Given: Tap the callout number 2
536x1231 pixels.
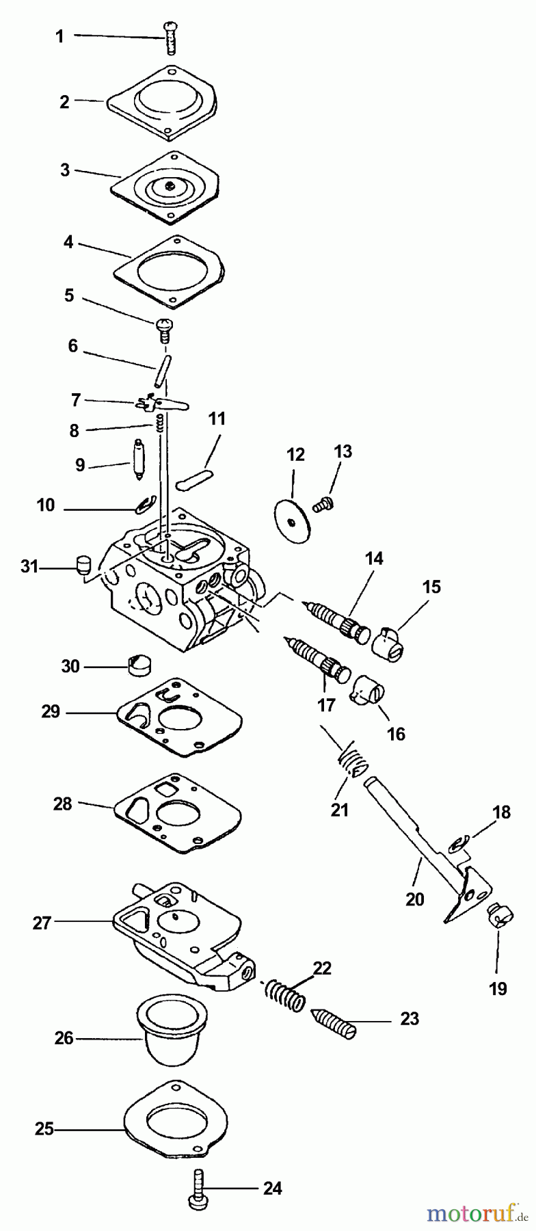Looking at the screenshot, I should pyautogui.click(x=64, y=102).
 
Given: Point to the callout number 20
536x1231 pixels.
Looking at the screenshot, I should pyautogui.click(x=415, y=899).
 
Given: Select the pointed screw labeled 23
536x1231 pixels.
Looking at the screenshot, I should pyautogui.click(x=334, y=1023).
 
